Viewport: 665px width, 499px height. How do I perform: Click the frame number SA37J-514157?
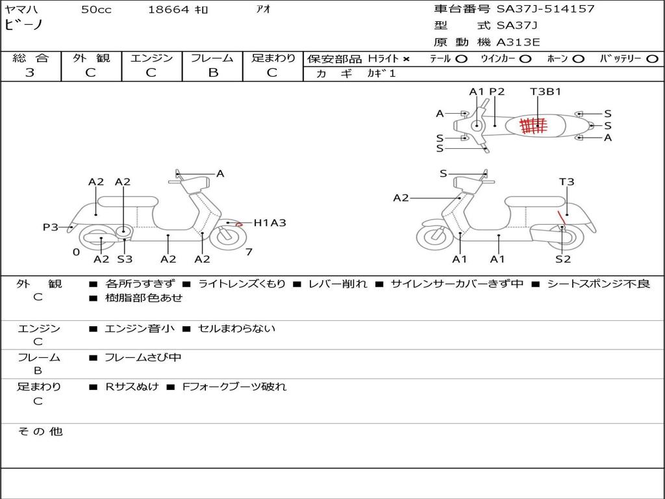(x=546, y=9)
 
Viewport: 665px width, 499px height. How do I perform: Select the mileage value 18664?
(x=168, y=10)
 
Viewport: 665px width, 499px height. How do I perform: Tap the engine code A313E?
(x=518, y=42)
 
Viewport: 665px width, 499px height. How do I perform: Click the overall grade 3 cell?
(x=30, y=73)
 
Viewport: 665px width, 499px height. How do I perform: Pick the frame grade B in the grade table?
(x=213, y=73)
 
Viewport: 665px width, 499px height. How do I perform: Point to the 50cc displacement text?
(x=96, y=10)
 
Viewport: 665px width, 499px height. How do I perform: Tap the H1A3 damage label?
(x=270, y=223)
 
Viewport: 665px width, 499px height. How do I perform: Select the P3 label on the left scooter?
(x=51, y=227)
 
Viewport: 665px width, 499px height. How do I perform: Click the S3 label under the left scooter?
(x=125, y=259)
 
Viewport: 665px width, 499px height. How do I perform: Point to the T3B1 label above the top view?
(x=546, y=92)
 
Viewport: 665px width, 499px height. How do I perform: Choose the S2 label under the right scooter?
(x=562, y=259)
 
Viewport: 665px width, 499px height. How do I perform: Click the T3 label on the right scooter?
(x=566, y=182)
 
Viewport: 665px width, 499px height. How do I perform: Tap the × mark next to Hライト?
(x=407, y=59)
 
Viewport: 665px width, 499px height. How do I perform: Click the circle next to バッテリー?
(x=653, y=59)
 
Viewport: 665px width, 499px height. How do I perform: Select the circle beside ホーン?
(x=579, y=59)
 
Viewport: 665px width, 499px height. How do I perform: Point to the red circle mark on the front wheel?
(x=239, y=224)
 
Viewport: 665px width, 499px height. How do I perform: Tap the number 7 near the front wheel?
(x=249, y=252)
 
